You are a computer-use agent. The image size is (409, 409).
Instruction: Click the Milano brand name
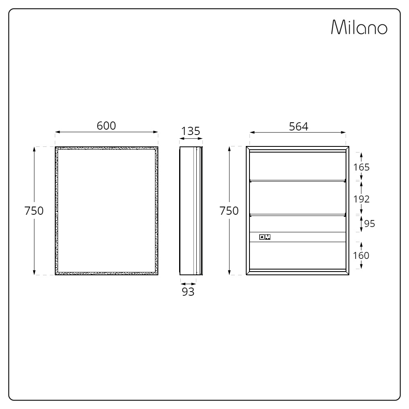(359, 27)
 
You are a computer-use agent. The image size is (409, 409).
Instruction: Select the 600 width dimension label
(106, 126)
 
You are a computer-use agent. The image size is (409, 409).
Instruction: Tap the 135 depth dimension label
(191, 131)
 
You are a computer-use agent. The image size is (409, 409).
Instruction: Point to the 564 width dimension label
(298, 126)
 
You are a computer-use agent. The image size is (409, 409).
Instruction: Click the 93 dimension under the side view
(188, 292)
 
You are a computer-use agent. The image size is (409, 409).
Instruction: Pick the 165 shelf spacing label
(361, 167)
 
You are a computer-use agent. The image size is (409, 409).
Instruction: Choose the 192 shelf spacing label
(361, 199)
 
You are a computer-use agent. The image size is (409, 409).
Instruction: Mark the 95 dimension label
(369, 223)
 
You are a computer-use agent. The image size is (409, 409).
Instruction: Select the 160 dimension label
(361, 255)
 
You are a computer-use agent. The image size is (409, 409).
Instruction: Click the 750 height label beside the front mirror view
(34, 211)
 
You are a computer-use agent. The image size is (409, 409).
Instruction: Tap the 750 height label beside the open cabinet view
(229, 211)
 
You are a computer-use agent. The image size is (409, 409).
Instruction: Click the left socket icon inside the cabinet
(262, 237)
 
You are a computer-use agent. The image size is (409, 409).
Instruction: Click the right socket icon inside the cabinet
(268, 237)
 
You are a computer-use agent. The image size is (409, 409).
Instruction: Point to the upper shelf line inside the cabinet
(297, 180)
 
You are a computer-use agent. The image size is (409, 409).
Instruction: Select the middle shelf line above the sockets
(297, 214)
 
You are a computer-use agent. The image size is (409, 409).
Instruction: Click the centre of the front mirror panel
(106, 210)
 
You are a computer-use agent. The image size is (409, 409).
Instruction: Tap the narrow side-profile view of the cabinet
(191, 210)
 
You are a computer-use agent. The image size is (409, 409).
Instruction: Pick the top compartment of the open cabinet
(297, 166)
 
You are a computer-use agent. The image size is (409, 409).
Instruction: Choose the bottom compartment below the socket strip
(297, 255)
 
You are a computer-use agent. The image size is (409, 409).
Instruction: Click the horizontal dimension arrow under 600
(106, 132)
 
